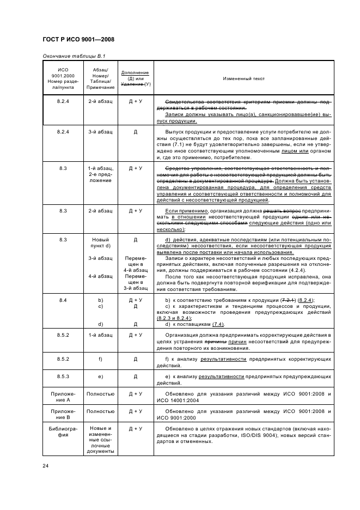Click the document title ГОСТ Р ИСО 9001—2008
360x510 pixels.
tap(78, 40)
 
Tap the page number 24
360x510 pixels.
tap(46, 465)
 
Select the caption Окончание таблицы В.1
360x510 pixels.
tap(74, 56)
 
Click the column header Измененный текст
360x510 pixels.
tap(243, 78)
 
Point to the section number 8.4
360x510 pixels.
tap(62, 300)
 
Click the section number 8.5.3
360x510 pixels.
tap(62, 376)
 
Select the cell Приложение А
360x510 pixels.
tap(62, 397)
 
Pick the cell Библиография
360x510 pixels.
tap(62, 432)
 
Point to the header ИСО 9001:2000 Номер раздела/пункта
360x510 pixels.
tap(62, 78)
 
